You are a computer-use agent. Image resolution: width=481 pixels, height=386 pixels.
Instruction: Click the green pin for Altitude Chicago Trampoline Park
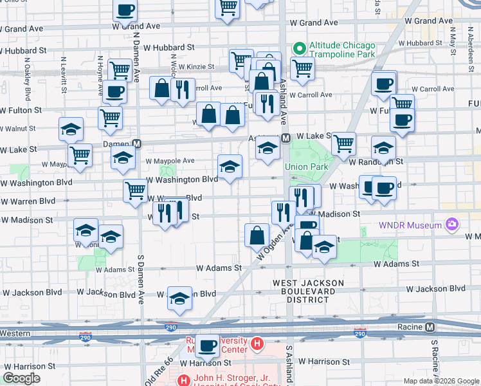299,48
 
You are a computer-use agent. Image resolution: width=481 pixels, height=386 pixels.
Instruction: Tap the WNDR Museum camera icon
453,225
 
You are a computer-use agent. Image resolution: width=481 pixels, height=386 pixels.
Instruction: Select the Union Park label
311,167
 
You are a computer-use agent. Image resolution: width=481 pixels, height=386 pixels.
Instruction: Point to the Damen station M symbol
136,143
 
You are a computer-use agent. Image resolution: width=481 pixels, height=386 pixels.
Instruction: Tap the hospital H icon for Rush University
257,344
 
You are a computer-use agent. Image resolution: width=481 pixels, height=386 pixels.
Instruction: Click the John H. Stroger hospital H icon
185,380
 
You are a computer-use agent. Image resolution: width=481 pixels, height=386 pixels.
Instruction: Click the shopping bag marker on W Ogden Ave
257,236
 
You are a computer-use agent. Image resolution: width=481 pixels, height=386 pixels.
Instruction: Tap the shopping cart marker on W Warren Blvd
136,191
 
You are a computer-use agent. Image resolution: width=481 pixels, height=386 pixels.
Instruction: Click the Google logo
21,378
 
